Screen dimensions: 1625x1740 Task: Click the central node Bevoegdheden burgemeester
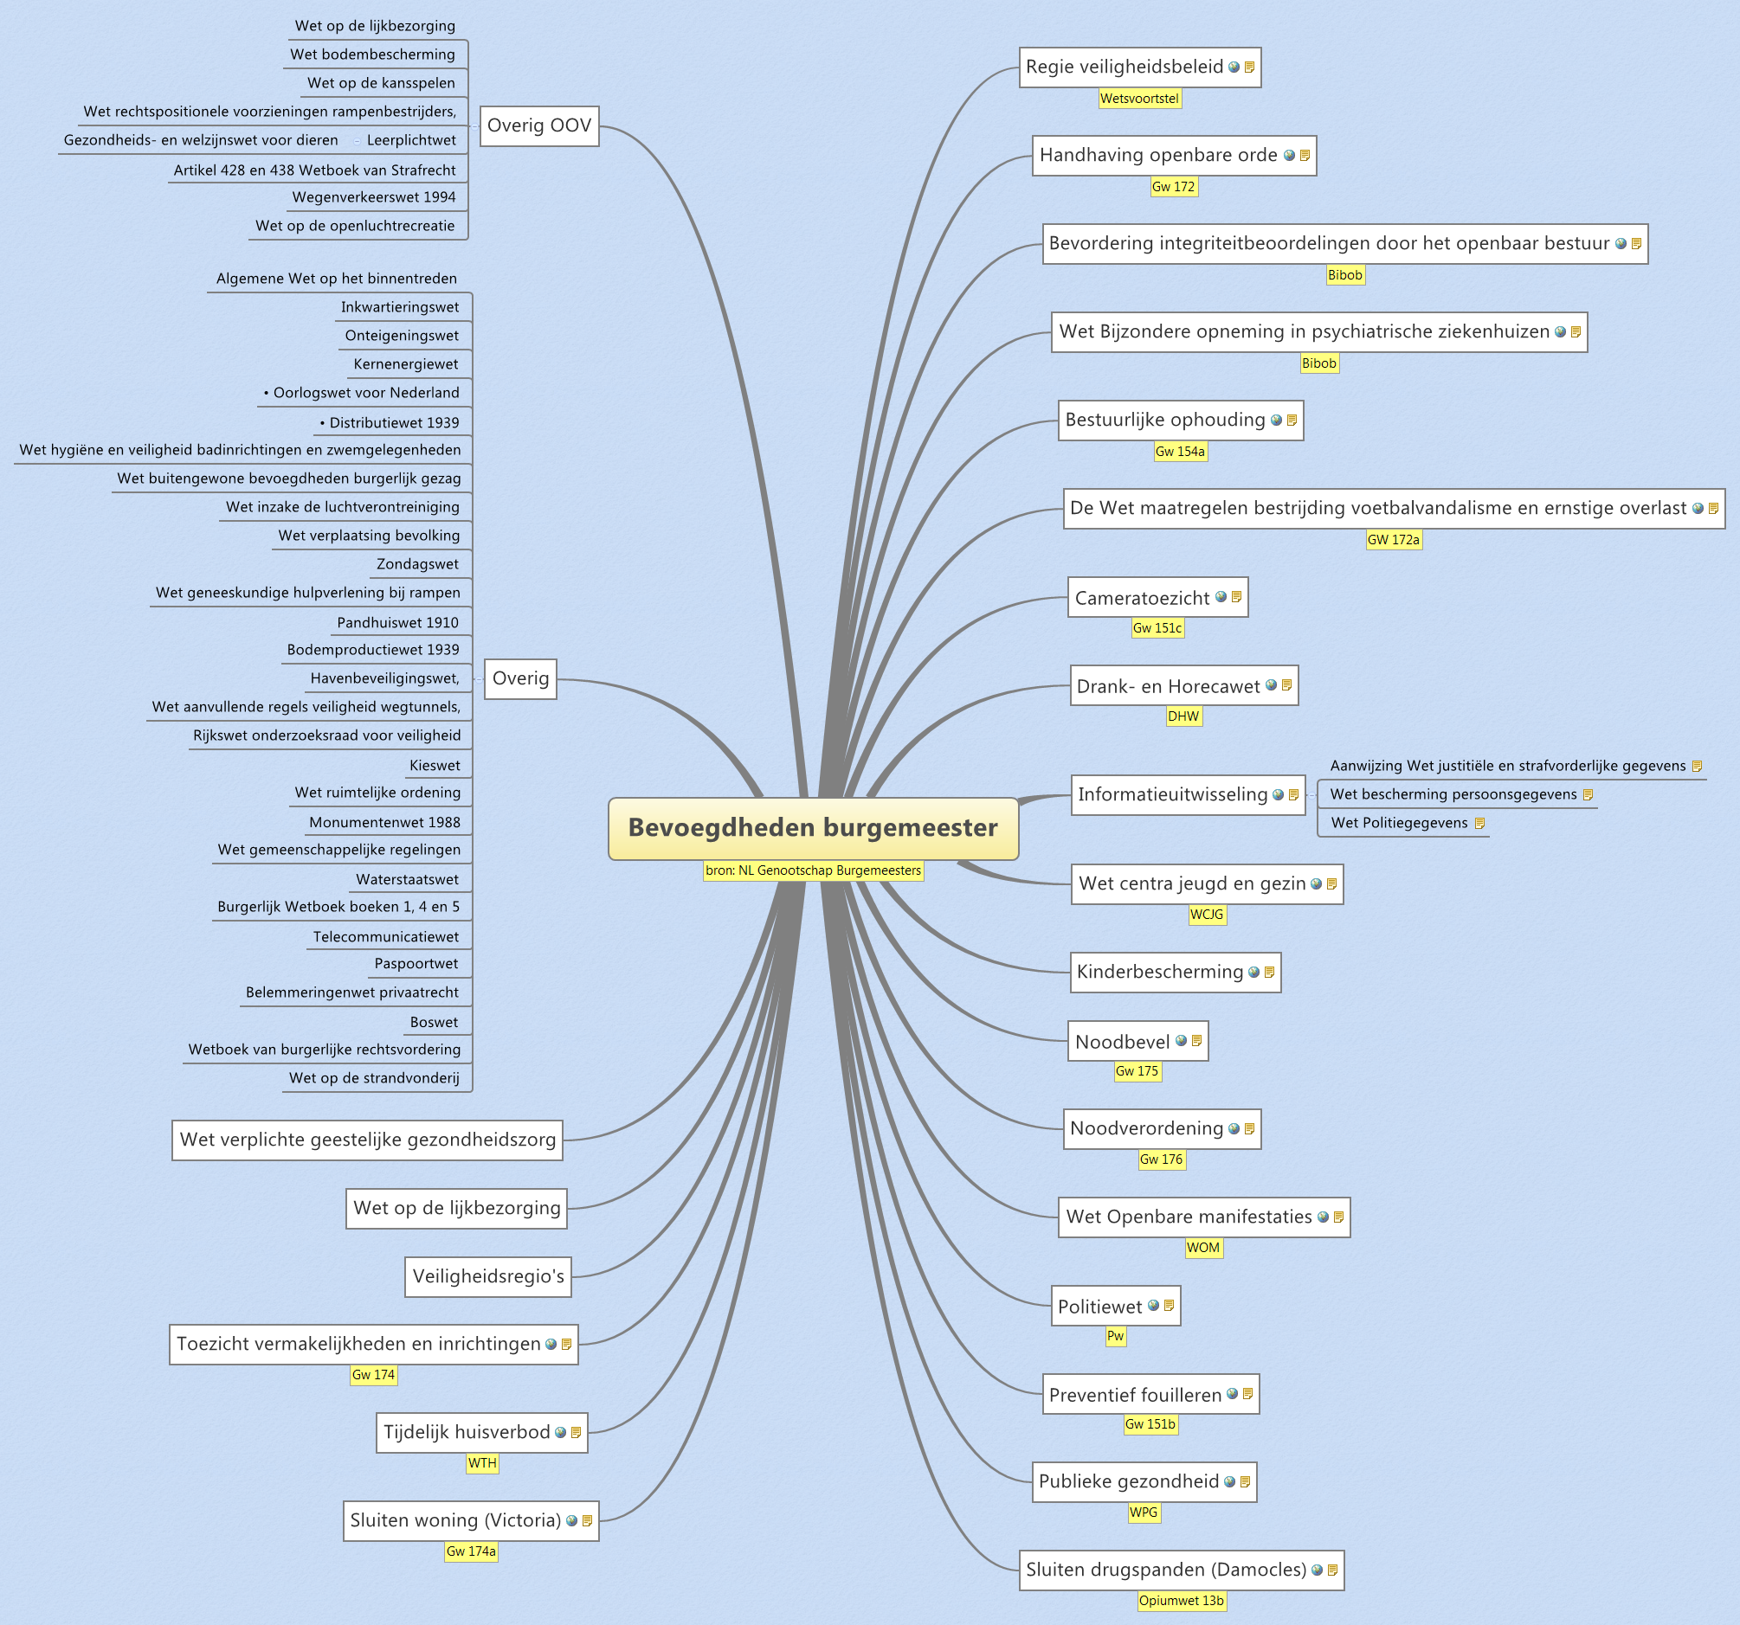coord(812,828)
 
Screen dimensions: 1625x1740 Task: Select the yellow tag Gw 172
coord(1173,186)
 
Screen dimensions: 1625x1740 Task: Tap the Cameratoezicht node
coord(1141,598)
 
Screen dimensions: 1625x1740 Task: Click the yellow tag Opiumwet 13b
coord(1181,1601)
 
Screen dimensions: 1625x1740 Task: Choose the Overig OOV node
coord(539,126)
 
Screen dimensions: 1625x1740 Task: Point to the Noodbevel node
coord(1122,1041)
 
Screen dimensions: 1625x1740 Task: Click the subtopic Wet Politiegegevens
coord(1399,823)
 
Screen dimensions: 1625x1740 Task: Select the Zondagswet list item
coord(416,564)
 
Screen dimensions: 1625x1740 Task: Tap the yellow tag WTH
coord(482,1462)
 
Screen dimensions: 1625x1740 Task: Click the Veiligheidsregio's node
coord(487,1275)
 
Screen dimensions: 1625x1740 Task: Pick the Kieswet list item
coord(434,765)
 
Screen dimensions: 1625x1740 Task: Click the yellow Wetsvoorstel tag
coord(1138,99)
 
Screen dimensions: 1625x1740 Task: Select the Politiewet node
coord(1100,1307)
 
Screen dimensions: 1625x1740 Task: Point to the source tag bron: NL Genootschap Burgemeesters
coord(812,870)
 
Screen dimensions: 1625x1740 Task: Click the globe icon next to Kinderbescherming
coord(1253,973)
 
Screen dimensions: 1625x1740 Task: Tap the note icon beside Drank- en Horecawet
coord(1286,685)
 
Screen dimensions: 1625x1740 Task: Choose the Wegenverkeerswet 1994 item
coord(374,197)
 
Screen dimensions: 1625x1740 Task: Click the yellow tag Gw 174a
coord(471,1551)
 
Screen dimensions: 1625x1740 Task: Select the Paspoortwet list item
coord(416,963)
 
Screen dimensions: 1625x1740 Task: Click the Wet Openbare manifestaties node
coord(1189,1217)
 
